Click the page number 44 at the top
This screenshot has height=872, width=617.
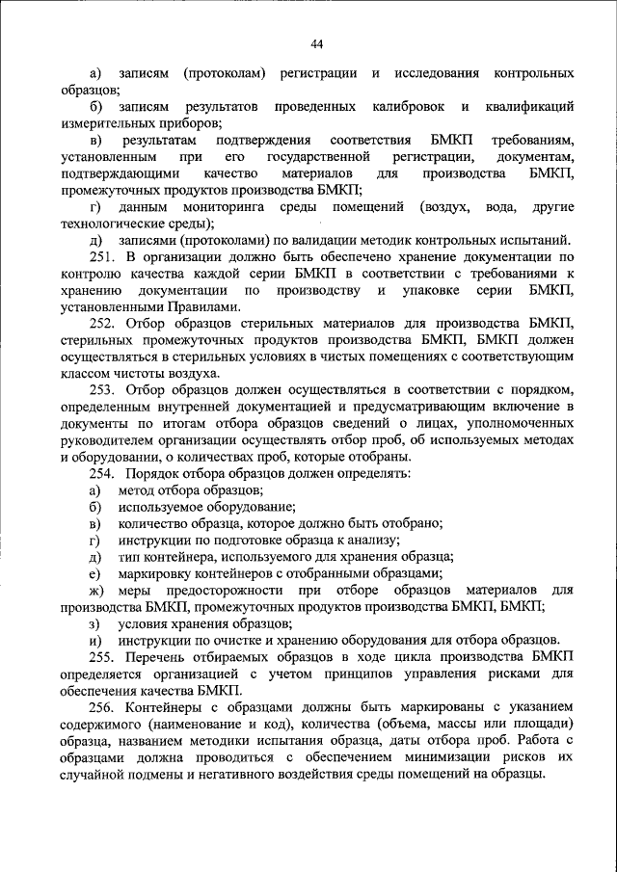316,42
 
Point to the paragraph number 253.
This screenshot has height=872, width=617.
103,389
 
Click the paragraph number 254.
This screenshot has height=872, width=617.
103,473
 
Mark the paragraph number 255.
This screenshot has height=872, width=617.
103,655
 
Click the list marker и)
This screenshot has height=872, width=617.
94,639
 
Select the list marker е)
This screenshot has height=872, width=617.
94,572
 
